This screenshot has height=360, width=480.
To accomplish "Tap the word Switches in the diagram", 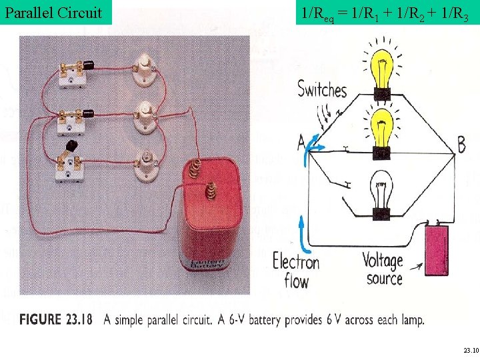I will point(323,89).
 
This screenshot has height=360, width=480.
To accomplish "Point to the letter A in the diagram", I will point(301,141).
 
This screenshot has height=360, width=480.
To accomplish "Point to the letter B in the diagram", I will point(461,143).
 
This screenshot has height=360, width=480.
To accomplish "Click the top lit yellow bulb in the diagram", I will point(382,67).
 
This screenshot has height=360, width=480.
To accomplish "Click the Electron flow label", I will point(296,269).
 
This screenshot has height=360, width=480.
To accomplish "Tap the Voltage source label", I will point(383,269).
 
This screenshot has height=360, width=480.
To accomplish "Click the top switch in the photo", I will point(71,71).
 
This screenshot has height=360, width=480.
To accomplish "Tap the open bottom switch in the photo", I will point(70,163).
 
